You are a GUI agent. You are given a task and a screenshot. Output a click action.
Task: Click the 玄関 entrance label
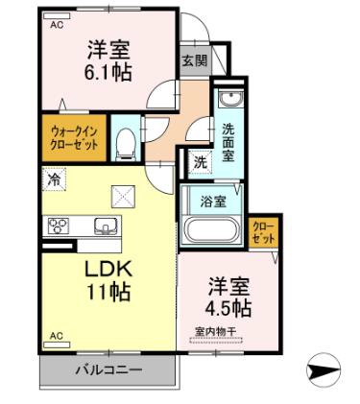click(x=195, y=60)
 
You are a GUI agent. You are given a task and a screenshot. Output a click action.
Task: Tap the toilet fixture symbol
click(x=126, y=144)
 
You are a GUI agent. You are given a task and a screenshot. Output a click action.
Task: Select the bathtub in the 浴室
click(x=212, y=230)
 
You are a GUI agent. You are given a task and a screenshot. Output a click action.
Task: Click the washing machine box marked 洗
click(x=201, y=162)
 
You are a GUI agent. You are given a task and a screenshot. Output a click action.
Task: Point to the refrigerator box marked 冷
click(x=54, y=179)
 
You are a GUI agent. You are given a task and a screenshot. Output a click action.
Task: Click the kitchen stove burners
click(x=59, y=226)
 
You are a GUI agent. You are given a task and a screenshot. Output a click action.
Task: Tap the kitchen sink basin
click(x=106, y=226)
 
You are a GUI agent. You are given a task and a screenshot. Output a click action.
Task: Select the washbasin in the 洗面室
click(x=230, y=98)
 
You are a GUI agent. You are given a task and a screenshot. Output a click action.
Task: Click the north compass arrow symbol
click(x=324, y=370)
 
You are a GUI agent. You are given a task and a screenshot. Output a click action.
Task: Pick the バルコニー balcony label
click(x=108, y=370)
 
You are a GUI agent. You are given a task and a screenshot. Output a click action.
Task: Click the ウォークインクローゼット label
click(x=75, y=138)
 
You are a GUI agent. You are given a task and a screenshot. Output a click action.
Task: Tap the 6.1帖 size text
click(x=108, y=73)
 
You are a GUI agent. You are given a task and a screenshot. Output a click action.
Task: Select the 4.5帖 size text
click(x=228, y=308)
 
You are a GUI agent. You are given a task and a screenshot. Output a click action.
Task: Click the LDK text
click(x=108, y=270)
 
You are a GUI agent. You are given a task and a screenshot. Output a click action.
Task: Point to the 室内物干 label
click(x=216, y=331)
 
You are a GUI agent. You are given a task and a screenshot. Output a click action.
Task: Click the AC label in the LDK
click(x=57, y=336)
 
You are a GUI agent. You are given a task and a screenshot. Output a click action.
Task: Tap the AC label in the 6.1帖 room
click(x=57, y=25)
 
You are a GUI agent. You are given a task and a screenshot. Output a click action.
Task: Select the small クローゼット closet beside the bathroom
click(x=264, y=232)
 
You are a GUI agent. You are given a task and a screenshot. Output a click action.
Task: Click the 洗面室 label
click(x=228, y=142)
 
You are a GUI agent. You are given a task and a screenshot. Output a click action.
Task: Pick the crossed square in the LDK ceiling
click(x=123, y=196)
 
